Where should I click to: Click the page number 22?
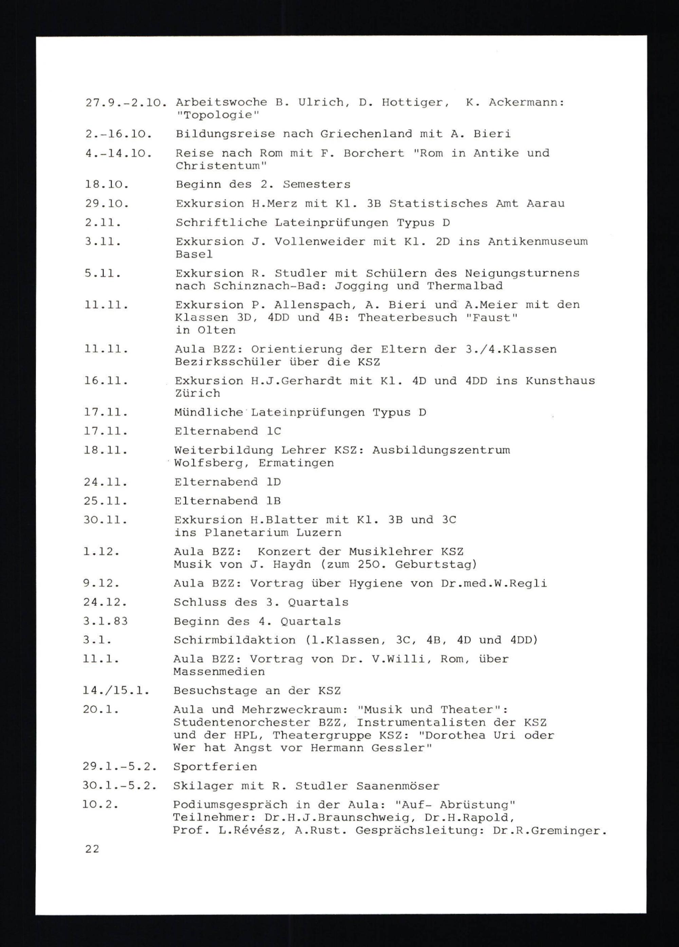coord(92,849)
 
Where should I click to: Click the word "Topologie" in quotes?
coord(217,115)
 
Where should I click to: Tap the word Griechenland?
coord(366,134)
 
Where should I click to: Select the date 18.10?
coord(107,184)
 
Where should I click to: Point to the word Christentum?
coord(221,166)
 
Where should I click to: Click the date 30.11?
coord(105,520)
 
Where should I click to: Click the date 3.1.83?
coord(105,621)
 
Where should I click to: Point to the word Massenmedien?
coord(219,672)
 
